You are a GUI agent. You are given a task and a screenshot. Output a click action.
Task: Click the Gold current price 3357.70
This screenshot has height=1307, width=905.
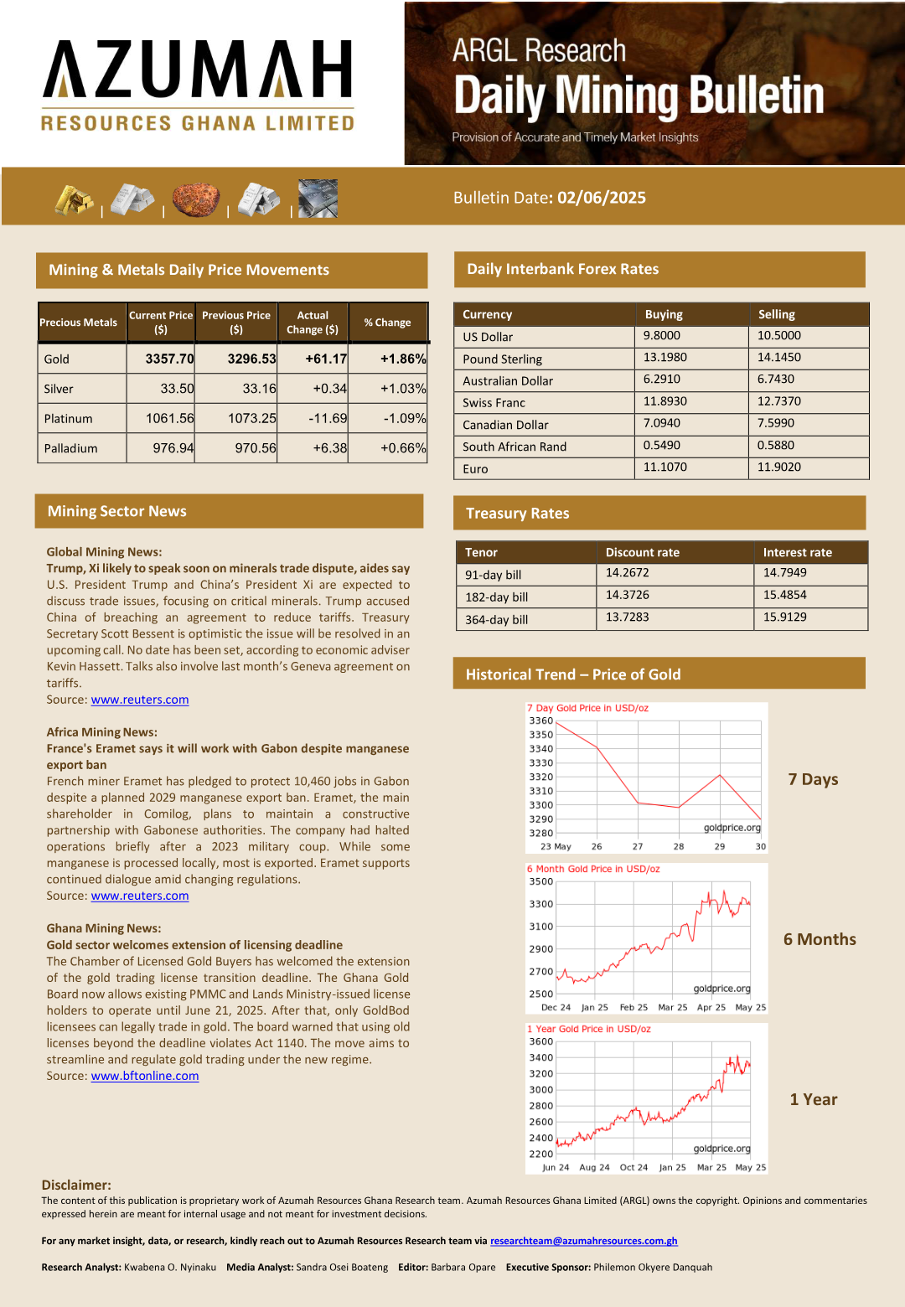[x=169, y=359]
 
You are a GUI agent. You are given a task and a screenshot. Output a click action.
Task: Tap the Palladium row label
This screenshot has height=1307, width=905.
[x=70, y=448]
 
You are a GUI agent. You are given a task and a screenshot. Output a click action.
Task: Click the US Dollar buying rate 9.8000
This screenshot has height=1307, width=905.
[x=662, y=335]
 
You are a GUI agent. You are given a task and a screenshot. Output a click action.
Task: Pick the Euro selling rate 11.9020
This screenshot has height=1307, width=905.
[x=779, y=467]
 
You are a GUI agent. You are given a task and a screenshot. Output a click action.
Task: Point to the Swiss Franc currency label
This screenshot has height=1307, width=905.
[x=494, y=403]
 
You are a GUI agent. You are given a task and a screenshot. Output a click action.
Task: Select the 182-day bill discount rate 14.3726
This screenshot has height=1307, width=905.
[x=628, y=595]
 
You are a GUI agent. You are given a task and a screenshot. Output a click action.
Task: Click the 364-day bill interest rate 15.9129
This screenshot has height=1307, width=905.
[x=785, y=617]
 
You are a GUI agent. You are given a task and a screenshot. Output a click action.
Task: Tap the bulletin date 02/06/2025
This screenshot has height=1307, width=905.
[x=602, y=198]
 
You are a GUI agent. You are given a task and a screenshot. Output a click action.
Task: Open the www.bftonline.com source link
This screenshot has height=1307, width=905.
[x=145, y=1076]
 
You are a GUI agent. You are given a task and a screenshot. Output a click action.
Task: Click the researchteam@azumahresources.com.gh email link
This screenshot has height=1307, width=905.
[x=584, y=1241]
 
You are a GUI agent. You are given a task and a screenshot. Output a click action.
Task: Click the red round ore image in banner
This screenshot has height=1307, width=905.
[x=196, y=199]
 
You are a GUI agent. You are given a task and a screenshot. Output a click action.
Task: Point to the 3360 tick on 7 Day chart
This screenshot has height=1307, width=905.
[x=540, y=721]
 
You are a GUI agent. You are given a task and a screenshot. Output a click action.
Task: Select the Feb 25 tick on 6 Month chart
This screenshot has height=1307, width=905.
[x=633, y=1007]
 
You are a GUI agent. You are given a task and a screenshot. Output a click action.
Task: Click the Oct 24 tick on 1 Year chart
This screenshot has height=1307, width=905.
[x=633, y=1167]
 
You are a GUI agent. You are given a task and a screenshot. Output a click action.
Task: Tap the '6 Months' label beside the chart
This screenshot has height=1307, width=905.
[x=820, y=939]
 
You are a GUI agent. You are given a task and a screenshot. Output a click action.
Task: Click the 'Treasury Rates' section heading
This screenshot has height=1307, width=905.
[x=517, y=514]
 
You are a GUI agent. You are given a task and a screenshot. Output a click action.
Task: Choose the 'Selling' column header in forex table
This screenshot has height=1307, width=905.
[x=777, y=314]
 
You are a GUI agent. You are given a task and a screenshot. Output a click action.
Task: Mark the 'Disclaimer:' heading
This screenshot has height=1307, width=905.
[x=76, y=1185]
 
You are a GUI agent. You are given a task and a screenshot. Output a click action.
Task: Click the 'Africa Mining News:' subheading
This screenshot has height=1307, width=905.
[x=101, y=732]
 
